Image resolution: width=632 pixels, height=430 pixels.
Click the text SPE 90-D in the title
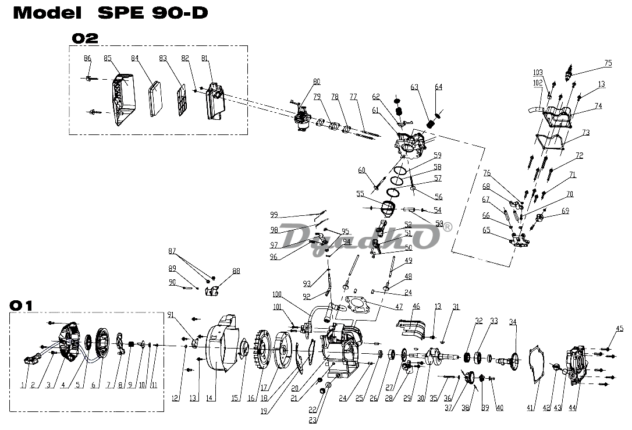pos(152,13)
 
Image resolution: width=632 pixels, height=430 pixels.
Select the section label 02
pos(85,38)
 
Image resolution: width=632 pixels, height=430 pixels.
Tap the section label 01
pos(22,305)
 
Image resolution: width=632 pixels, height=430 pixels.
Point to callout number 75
pos(608,63)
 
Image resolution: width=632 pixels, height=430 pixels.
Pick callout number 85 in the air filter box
pos(108,58)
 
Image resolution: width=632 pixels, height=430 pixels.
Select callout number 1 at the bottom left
pos(23,385)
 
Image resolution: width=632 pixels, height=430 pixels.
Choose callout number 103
pos(538,72)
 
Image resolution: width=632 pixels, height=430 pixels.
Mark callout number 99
pos(274,215)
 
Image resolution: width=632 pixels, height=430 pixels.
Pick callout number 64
pos(438,87)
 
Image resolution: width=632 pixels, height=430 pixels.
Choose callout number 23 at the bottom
pos(312,420)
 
